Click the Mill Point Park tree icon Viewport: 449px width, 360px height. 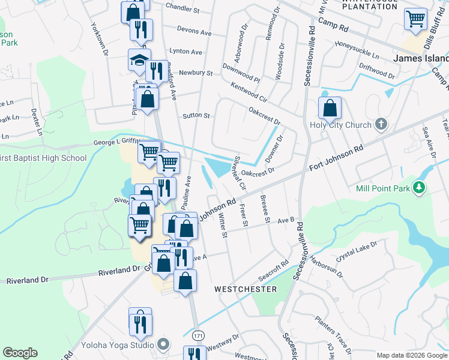click(420, 188)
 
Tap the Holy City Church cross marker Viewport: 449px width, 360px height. click(379, 125)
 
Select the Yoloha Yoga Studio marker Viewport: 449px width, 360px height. click(162, 344)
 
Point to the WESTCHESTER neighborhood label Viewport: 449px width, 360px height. click(246, 289)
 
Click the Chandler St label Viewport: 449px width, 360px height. click(182, 10)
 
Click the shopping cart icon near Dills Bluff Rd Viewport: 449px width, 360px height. click(415, 19)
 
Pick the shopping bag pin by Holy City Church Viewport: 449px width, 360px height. click(330, 108)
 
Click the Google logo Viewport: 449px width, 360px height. click(20, 353)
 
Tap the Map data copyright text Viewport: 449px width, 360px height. click(411, 355)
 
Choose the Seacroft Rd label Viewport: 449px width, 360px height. click(273, 270)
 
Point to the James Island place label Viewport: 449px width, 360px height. click(421, 58)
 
